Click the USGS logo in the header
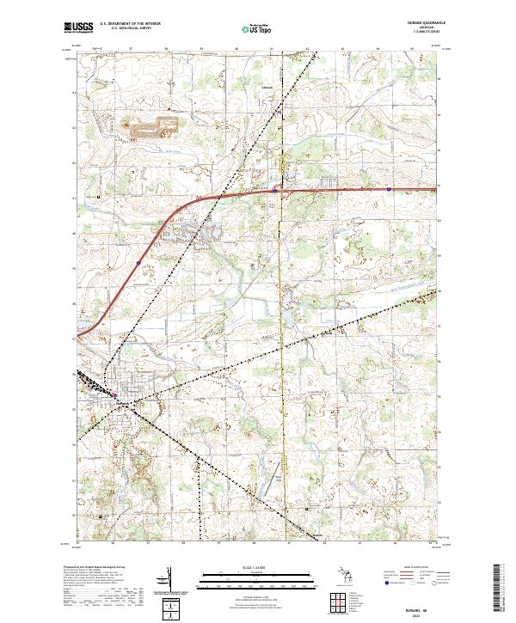click(x=77, y=27)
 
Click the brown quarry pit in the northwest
click(x=151, y=131)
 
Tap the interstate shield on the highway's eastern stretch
click(x=389, y=189)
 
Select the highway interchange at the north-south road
click(x=275, y=191)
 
